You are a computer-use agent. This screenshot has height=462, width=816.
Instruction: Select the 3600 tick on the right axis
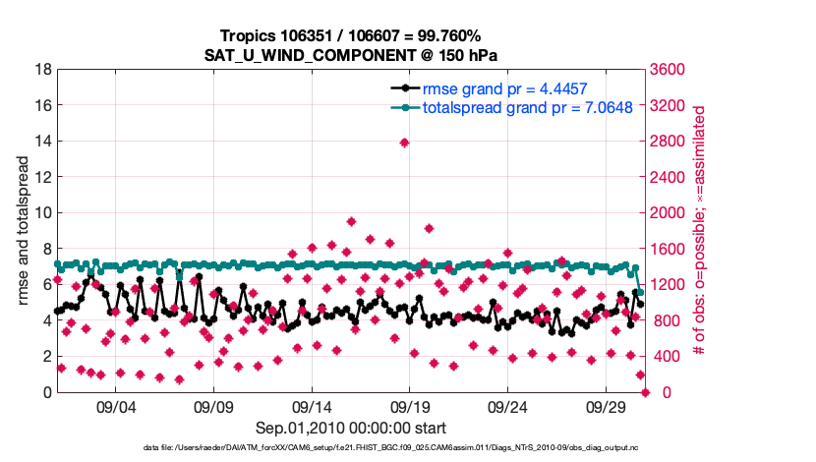pyautogui.click(x=669, y=70)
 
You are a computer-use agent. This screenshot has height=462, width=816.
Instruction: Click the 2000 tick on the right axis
pyautogui.click(x=669, y=213)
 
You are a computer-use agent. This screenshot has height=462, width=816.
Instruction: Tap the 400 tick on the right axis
pyautogui.click(x=665, y=357)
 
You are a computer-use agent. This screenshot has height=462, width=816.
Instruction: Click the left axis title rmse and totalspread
pyautogui.click(x=23, y=231)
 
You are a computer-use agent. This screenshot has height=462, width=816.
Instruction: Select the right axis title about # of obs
pyautogui.click(x=700, y=231)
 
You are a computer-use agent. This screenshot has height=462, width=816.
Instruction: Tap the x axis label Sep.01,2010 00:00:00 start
pyautogui.click(x=351, y=428)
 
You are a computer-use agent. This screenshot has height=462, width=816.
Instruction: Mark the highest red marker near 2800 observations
pyautogui.click(x=404, y=143)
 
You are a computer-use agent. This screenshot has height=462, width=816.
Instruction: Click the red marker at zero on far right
pyautogui.click(x=646, y=392)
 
